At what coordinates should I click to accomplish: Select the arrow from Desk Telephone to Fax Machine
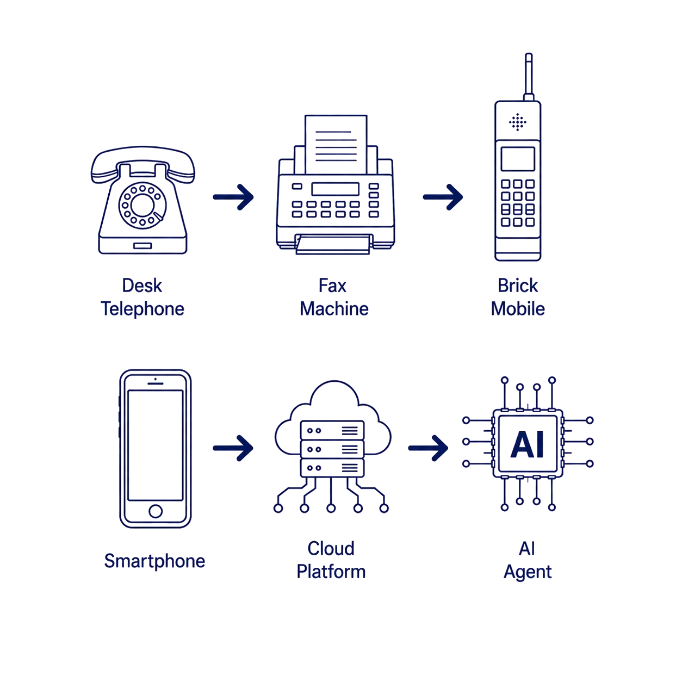coord(233,197)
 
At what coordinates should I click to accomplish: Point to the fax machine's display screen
coord(335,189)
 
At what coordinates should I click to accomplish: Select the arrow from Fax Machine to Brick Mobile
coord(443,197)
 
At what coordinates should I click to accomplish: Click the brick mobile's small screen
coord(517,159)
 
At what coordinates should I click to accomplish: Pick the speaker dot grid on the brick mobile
coord(517,122)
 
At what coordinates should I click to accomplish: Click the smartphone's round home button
coord(156,511)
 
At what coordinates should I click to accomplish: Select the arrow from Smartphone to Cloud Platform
coord(233,448)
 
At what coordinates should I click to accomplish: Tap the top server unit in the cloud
coord(332,430)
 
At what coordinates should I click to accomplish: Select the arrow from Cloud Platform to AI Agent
coord(428,448)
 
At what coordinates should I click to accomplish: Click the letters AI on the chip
coord(527,444)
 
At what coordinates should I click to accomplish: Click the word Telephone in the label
coord(142,309)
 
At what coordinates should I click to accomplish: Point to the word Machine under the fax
coord(334,308)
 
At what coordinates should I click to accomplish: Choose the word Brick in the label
coord(517,286)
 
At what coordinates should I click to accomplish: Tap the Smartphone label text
coord(154,561)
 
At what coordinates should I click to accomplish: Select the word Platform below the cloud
coord(331,572)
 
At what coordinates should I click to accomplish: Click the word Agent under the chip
coord(528,572)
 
